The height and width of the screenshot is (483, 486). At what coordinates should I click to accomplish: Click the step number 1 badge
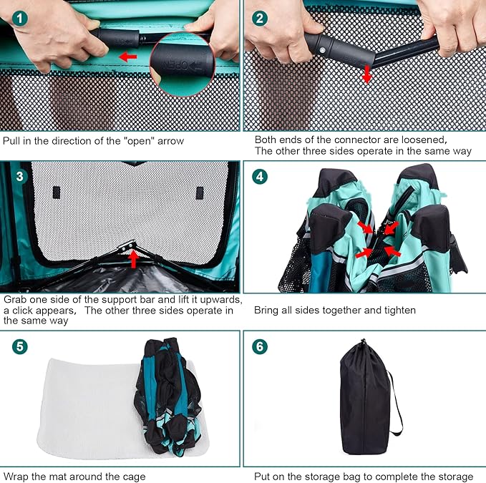click(x=20, y=19)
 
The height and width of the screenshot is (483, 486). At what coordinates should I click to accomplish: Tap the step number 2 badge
click(x=260, y=19)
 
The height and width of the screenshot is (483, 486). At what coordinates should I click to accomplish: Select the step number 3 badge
click(x=20, y=177)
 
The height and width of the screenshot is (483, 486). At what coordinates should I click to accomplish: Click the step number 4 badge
click(x=260, y=177)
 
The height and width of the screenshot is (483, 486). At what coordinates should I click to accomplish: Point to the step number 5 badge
click(x=20, y=346)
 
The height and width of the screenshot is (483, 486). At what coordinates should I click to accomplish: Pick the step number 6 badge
click(x=260, y=346)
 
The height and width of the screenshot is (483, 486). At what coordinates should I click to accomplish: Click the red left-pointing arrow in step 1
click(x=128, y=57)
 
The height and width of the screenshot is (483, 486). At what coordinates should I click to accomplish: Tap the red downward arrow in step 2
click(x=367, y=74)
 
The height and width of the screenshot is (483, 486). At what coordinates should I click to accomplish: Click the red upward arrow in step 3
click(x=134, y=259)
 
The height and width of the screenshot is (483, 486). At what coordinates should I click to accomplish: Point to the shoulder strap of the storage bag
click(x=397, y=403)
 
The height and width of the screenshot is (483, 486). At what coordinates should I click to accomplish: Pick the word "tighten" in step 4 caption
click(x=400, y=311)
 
